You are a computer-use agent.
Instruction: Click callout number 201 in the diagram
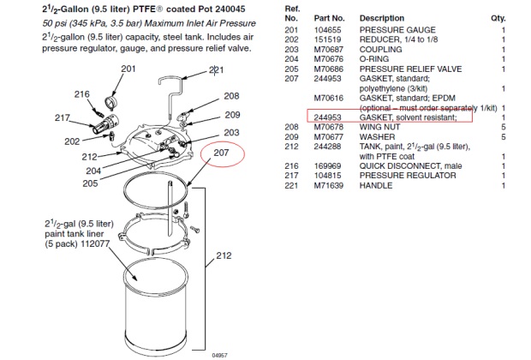point(128,69)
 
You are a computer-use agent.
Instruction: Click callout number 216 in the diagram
point(82,95)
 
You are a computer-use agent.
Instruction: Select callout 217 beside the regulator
point(63,118)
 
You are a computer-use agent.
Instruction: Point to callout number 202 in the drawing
point(73,141)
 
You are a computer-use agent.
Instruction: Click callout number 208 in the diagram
point(232,97)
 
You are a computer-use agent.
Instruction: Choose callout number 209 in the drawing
point(233,115)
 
